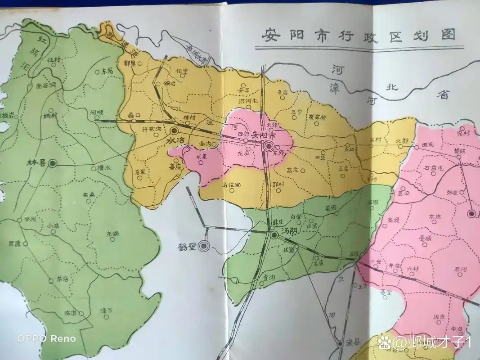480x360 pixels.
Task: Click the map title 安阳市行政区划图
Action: pyautogui.click(x=358, y=35)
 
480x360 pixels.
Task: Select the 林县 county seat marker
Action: pyautogui.click(x=53, y=163)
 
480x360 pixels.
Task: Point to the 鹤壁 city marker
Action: pyautogui.click(x=205, y=246)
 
